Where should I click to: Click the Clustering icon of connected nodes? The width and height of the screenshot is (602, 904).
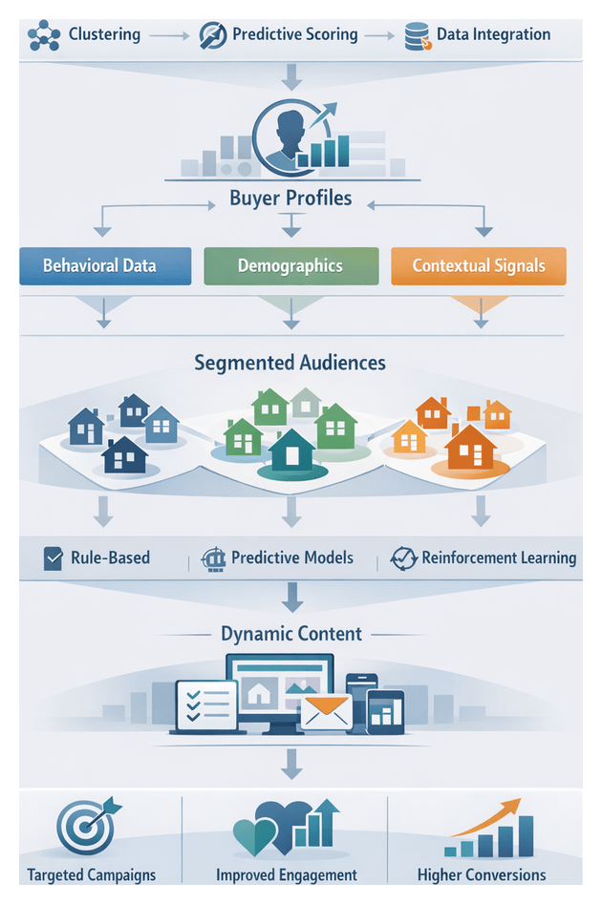coord(44,35)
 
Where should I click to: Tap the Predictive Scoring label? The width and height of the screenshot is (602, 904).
coord(294,35)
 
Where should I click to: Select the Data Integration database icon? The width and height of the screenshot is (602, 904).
coord(416,36)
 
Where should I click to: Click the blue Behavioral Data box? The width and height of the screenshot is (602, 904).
coord(99,265)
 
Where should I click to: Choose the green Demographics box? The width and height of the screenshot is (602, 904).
coord(290,265)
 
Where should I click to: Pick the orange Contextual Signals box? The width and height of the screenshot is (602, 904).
coord(479,265)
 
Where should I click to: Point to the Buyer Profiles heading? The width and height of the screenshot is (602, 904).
coord(290,199)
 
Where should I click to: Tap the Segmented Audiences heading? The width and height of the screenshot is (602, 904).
coord(290,363)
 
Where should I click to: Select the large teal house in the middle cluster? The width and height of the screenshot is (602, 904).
coord(291,450)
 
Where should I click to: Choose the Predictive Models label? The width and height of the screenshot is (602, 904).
coord(291,557)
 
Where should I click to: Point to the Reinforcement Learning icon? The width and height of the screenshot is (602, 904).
coord(404,558)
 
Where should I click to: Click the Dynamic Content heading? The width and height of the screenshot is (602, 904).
coord(291,634)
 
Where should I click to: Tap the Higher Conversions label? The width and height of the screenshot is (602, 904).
coord(482,874)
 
